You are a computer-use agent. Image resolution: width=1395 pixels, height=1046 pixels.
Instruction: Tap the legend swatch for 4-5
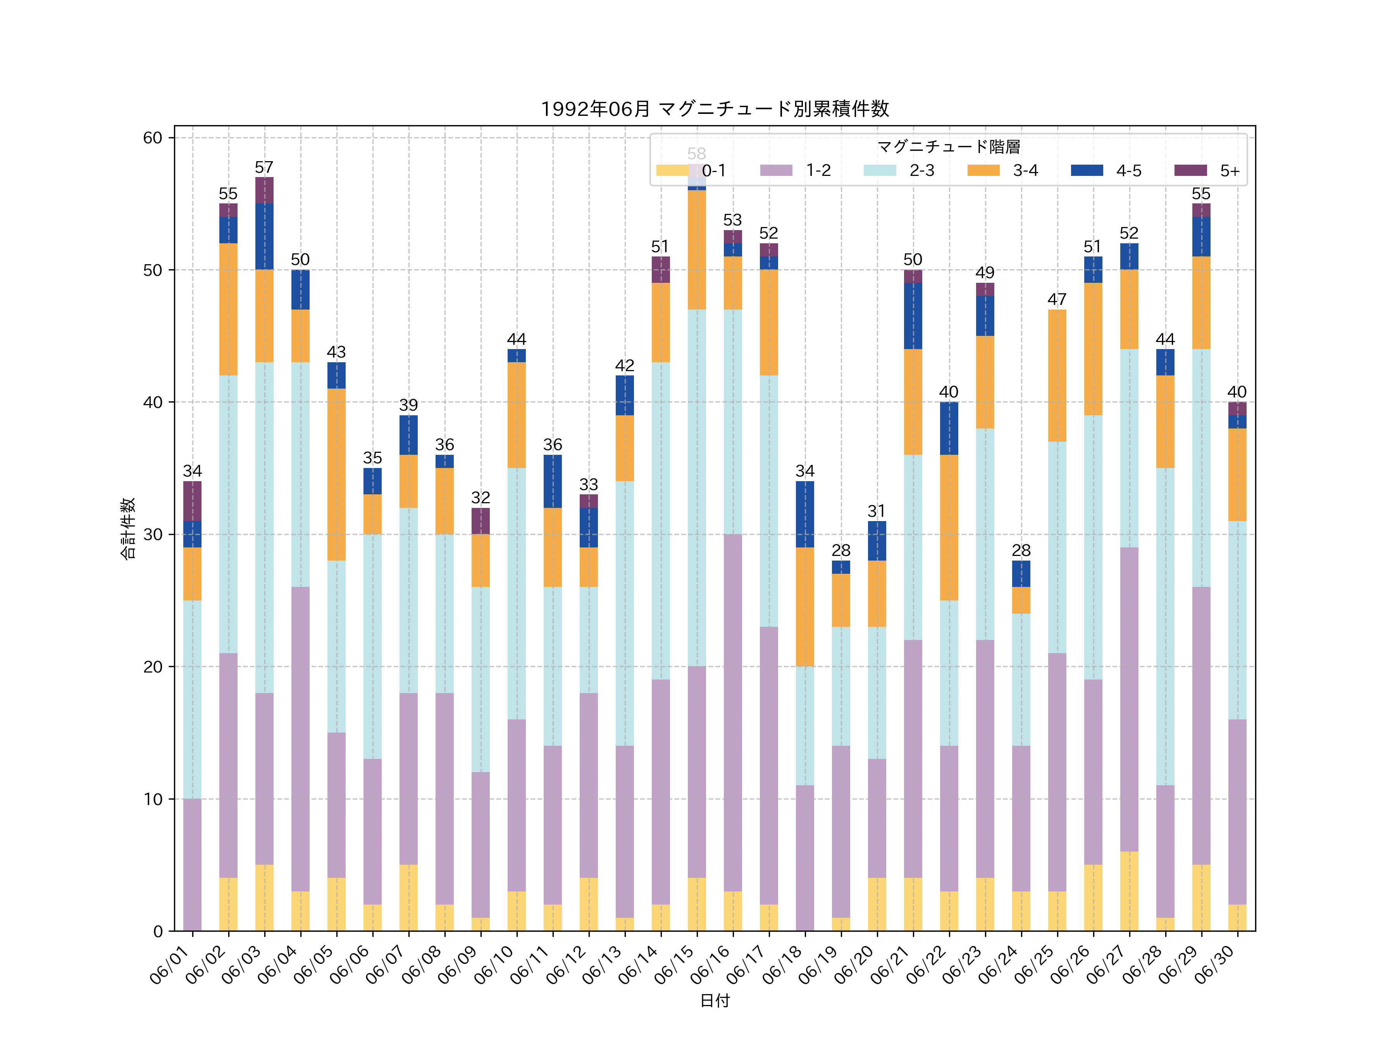click(1087, 170)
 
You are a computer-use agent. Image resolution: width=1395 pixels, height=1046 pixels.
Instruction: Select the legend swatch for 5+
click(1191, 170)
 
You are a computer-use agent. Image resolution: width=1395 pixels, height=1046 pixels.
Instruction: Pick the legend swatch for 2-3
click(879, 170)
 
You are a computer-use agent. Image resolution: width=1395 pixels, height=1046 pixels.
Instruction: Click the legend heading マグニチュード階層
click(949, 147)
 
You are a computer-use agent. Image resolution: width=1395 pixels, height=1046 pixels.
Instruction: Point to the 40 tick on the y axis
click(153, 402)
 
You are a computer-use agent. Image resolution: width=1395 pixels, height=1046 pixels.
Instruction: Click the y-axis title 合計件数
click(128, 528)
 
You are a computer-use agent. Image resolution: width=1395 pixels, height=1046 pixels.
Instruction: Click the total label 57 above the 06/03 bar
click(264, 167)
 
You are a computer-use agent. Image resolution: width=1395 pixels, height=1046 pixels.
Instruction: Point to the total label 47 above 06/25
click(1057, 299)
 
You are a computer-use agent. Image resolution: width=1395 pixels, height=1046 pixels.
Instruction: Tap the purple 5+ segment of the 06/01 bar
click(192, 501)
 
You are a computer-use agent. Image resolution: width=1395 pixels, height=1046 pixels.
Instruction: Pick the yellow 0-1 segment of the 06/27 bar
click(1129, 891)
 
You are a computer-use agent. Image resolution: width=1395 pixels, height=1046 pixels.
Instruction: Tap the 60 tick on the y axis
click(153, 138)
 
